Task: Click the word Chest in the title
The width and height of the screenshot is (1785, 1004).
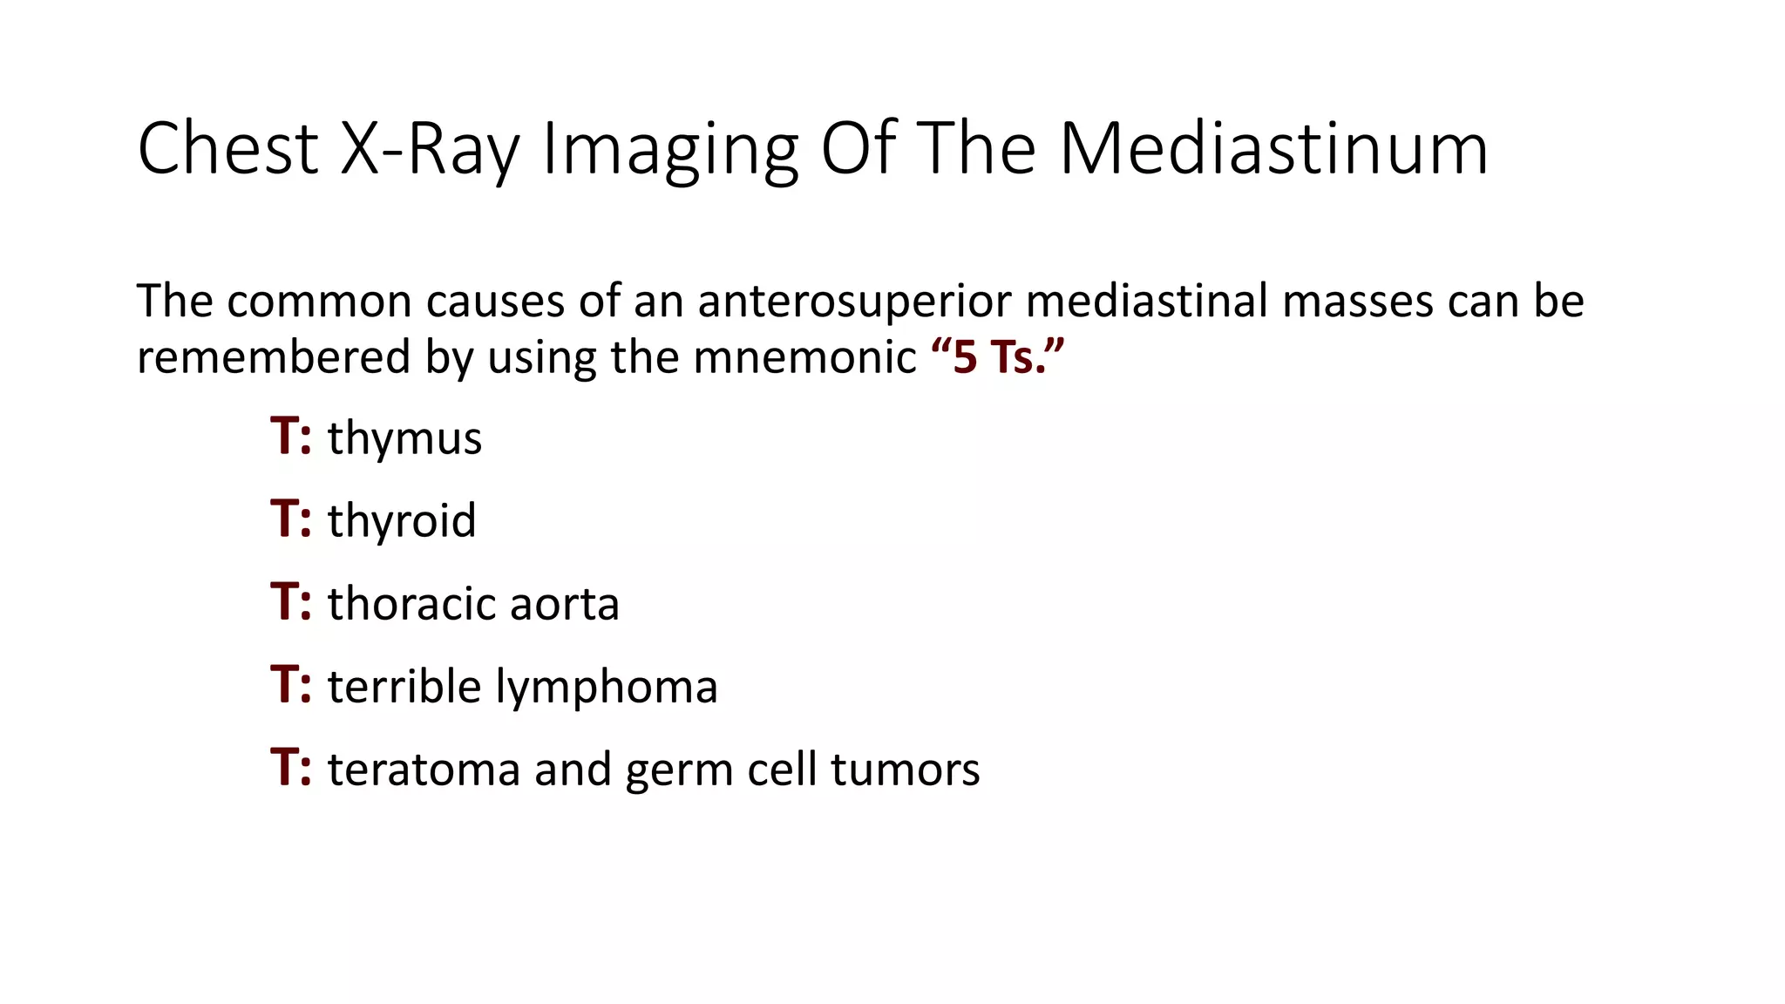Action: [228, 148]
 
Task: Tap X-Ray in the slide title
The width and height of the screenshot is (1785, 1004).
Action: [430, 148]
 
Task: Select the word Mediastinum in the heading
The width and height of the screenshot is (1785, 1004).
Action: [1273, 148]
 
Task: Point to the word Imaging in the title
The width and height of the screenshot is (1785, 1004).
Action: [669, 150]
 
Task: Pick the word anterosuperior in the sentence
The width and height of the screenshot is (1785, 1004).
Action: [854, 302]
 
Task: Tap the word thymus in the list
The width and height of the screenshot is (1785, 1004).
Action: [404, 438]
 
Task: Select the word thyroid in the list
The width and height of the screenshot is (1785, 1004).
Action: [402, 521]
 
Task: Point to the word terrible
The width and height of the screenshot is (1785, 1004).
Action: [404, 687]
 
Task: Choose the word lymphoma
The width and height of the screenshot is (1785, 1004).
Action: [607, 687]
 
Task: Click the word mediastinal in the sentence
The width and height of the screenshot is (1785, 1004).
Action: [1147, 301]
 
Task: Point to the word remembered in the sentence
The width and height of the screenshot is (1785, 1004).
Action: [274, 357]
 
